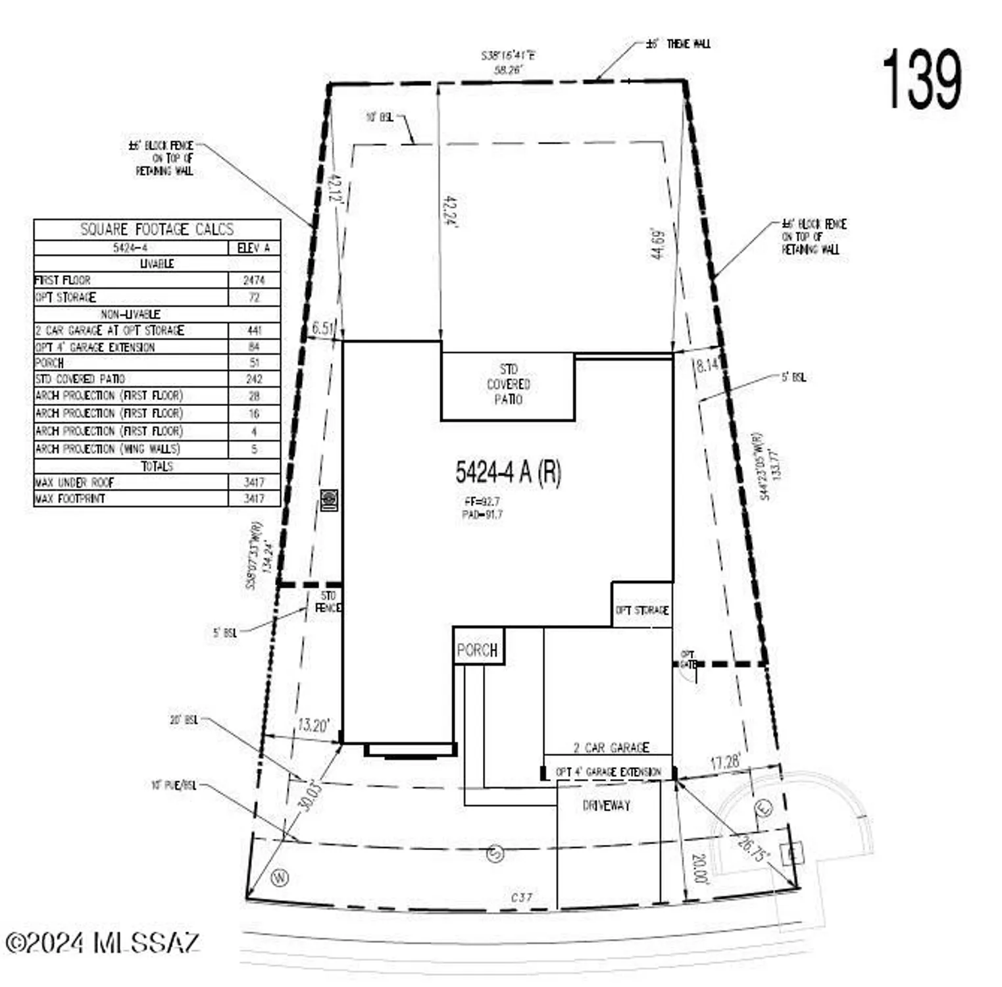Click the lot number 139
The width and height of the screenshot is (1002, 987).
(922, 80)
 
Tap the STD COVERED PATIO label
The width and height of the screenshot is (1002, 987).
(508, 384)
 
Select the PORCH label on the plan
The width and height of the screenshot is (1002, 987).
(477, 650)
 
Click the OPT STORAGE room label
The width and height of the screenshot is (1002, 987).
(642, 610)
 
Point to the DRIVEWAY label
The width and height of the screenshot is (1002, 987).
(606, 805)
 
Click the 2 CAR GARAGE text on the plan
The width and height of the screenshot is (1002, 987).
(611, 747)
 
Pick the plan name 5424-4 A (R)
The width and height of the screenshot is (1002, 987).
(508, 472)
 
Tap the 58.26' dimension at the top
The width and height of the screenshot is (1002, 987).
(508, 70)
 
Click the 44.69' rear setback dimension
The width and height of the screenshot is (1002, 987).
(658, 244)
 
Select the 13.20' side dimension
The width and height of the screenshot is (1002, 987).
(313, 725)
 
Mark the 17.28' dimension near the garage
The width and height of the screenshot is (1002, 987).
(725, 762)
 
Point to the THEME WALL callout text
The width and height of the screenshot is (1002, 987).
(688, 43)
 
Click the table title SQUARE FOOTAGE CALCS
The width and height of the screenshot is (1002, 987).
(157, 229)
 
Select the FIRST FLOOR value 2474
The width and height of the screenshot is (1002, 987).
(254, 280)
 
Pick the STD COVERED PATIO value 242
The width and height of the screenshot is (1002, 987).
(254, 379)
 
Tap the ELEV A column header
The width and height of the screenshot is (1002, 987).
(253, 247)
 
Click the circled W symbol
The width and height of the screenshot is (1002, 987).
(280, 877)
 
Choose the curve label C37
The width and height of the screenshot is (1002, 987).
(521, 897)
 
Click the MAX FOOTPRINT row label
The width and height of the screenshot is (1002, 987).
(70, 499)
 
